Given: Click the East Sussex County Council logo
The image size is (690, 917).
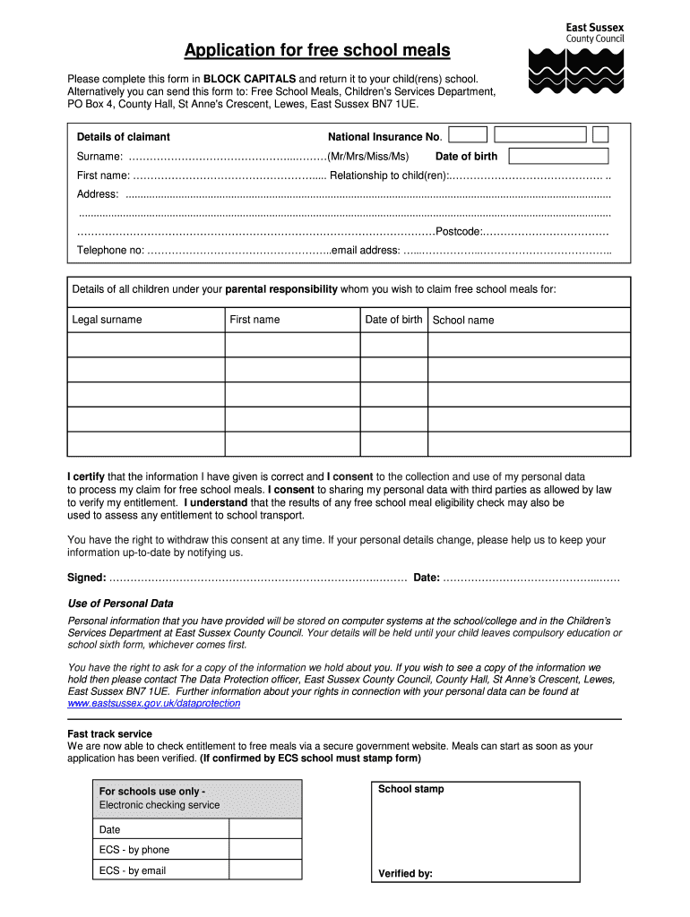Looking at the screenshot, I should pyautogui.click(x=577, y=58).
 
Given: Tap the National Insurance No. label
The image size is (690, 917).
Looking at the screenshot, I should pyautogui.click(x=384, y=137).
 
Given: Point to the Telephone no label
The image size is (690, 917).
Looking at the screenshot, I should pyautogui.click(x=110, y=250).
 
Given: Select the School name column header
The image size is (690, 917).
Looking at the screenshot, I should pyautogui.click(x=463, y=321).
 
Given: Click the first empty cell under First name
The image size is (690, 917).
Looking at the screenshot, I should pyautogui.click(x=292, y=345).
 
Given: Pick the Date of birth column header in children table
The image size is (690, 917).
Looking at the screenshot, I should pyautogui.click(x=393, y=320).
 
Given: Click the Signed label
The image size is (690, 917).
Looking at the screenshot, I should pyautogui.click(x=87, y=578).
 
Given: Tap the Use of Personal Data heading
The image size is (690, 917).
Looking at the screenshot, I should pyautogui.click(x=121, y=604).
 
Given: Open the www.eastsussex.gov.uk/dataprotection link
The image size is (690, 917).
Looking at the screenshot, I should pyautogui.click(x=154, y=704).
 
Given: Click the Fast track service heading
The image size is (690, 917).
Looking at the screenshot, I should pyautogui.click(x=110, y=734).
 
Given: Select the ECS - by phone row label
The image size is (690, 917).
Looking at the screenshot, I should pyautogui.click(x=134, y=850).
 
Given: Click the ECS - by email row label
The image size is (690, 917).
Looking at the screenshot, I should pyautogui.click(x=133, y=870).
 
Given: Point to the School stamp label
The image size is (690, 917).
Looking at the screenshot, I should pyautogui.click(x=410, y=789).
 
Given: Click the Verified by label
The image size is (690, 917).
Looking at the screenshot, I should pyautogui.click(x=405, y=874).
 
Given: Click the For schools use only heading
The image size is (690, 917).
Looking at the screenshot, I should pyautogui.click(x=151, y=792).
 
